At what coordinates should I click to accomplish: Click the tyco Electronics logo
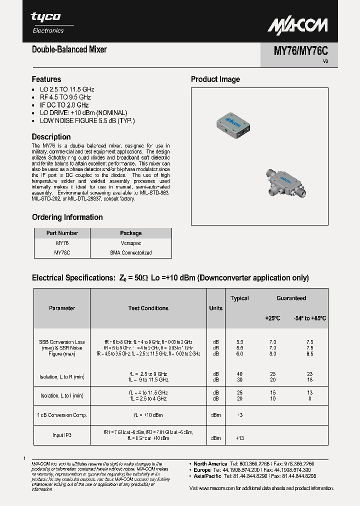tap(47, 22)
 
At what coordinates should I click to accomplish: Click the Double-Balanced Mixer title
tap(69, 49)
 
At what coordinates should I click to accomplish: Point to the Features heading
tap(46, 79)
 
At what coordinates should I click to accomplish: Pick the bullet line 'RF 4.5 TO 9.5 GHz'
tap(65, 97)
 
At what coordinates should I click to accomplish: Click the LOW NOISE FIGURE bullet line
tap(87, 120)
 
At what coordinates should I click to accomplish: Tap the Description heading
tap(51, 136)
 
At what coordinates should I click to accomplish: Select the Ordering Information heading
tap(67, 217)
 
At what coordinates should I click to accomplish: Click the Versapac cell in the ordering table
tap(131, 242)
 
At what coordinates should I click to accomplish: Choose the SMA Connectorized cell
tap(131, 252)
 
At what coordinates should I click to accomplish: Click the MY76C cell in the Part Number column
tap(62, 252)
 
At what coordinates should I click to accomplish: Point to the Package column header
tap(131, 233)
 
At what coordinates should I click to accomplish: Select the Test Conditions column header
tap(148, 308)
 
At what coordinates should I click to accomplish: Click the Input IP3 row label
tap(62, 435)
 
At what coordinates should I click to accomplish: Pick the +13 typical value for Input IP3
tap(239, 438)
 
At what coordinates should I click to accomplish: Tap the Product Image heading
tap(215, 79)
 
